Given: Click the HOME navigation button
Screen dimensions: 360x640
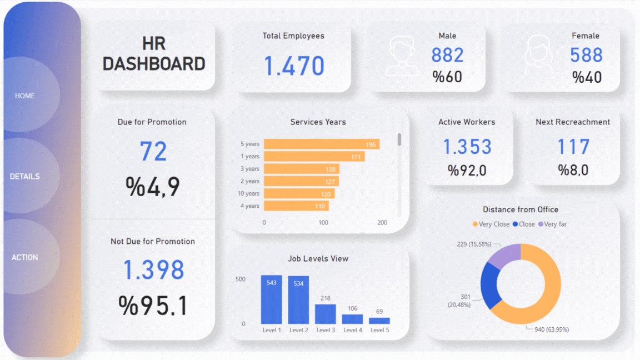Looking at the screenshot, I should (25, 96).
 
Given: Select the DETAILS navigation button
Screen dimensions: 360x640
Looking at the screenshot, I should (25, 176).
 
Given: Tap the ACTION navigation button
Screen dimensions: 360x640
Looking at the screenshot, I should (25, 257).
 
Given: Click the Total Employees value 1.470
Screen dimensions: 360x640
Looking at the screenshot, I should (293, 66).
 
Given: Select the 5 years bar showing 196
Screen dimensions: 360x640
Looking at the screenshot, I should (321, 144).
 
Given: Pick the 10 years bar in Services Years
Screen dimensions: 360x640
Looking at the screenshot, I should (299, 193).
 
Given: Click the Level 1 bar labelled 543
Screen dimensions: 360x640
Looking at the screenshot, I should (271, 299).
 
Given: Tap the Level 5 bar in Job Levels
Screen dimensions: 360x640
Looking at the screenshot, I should (379, 321).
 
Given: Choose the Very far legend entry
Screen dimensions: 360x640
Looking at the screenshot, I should (552, 224).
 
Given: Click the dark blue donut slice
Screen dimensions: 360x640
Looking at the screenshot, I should (489, 284).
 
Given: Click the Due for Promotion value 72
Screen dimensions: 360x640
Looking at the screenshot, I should (153, 151).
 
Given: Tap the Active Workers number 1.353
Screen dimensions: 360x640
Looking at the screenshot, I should (467, 147).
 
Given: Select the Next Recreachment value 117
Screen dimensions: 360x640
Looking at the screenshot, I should (573, 147).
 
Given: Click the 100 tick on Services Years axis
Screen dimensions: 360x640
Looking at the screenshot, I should (323, 223).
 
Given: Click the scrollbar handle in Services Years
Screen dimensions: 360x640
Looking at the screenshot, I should (399, 139).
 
